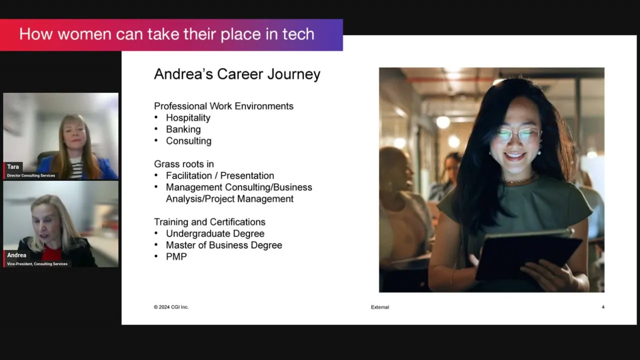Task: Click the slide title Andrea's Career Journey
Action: (237, 74)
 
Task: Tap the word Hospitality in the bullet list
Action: (188, 117)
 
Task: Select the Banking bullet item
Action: (183, 129)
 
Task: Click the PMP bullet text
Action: (176, 256)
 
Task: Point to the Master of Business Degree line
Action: (224, 245)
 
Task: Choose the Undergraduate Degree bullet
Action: (215, 233)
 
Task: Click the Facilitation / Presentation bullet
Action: (220, 175)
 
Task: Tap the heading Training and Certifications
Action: (209, 222)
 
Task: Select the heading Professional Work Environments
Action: (223, 106)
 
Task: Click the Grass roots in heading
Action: (184, 164)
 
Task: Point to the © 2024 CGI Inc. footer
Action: (171, 307)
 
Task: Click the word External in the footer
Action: (380, 307)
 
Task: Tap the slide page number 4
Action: (603, 307)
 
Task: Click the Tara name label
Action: (13, 167)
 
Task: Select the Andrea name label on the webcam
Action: (16, 255)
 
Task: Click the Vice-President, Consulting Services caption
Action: (37, 264)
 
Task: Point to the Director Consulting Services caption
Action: (31, 175)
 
